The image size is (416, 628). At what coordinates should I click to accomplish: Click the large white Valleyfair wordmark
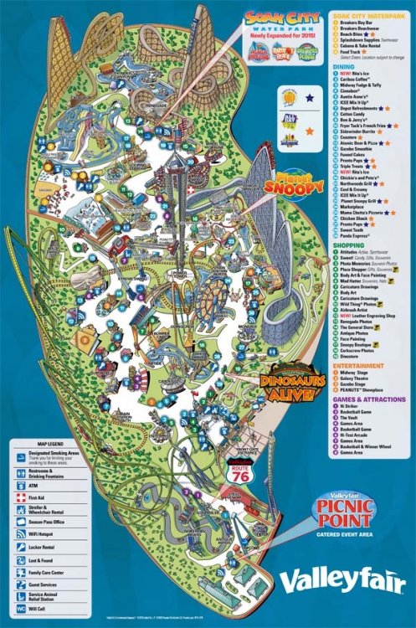coord(344,581)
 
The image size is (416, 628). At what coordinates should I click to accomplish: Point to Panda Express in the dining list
coord(362,237)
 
